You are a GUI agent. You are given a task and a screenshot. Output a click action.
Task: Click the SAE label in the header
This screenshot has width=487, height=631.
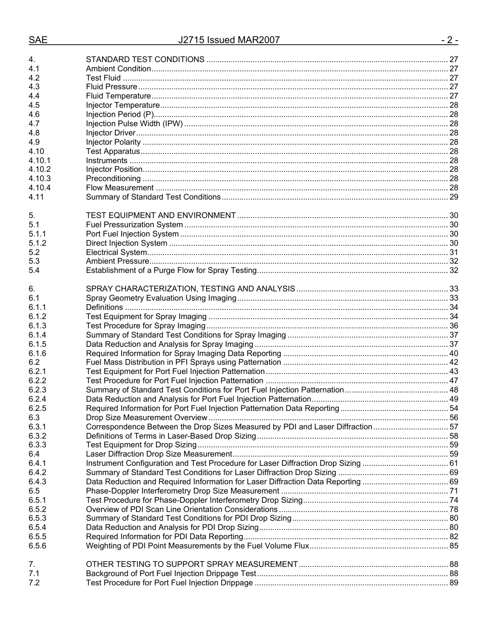pyautogui.click(x=38, y=40)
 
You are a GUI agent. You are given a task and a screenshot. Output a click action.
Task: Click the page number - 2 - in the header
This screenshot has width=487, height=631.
pyautogui.click(x=449, y=40)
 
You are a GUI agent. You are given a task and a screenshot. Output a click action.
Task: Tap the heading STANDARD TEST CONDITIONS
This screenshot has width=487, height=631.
pyautogui.click(x=145, y=60)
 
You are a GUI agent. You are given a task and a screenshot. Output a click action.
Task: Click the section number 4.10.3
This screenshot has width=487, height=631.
pyautogui.click(x=39, y=179)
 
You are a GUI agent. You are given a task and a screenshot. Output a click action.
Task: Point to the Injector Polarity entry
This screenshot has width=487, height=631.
pyautogui.click(x=113, y=142)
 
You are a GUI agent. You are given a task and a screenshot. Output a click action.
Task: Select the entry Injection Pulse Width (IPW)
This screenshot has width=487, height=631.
pyautogui.click(x=134, y=124)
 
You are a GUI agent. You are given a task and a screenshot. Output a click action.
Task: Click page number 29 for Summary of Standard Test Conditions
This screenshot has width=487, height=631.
pyautogui.click(x=453, y=197)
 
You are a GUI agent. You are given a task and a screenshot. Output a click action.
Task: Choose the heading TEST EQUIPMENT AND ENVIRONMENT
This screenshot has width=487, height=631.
pyautogui.click(x=160, y=215)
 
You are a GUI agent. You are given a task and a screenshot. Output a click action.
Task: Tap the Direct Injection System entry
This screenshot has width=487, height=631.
pyautogui.click(x=126, y=243)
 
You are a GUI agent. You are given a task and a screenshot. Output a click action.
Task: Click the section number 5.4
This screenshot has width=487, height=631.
pyautogui.click(x=34, y=270)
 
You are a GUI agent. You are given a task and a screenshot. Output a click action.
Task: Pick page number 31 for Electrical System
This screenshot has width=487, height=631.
pyautogui.click(x=453, y=252)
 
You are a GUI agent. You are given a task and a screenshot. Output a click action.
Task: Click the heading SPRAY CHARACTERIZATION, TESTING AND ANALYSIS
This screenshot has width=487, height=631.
pyautogui.click(x=190, y=289)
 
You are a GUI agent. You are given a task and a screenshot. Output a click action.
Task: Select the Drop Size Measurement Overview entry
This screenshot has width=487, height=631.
pyautogui.click(x=146, y=418)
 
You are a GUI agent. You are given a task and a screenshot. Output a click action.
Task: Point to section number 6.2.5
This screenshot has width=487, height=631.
pyautogui.click(x=37, y=408)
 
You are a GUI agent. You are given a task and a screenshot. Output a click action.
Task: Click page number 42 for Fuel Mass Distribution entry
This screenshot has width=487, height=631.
pyautogui.click(x=453, y=362)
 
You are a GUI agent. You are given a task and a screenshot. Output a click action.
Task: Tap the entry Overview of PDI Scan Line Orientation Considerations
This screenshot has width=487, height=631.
pyautogui.click(x=181, y=509)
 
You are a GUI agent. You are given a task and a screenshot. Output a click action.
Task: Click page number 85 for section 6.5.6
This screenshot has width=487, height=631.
pyautogui.click(x=453, y=546)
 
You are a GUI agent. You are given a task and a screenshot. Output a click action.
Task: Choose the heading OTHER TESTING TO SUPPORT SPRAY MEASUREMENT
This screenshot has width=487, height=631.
pyautogui.click(x=192, y=564)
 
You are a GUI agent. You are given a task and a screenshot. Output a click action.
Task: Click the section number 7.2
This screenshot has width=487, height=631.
pyautogui.click(x=34, y=583)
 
